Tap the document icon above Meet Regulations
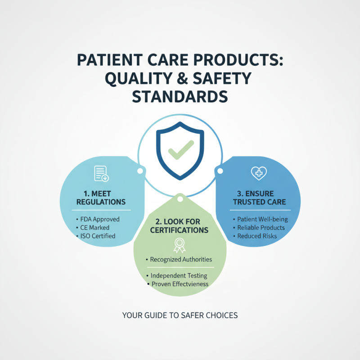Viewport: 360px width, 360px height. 101,173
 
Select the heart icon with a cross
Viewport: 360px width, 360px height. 259,173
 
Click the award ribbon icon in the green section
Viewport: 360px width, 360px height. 179,245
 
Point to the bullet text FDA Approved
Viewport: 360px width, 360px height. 99,219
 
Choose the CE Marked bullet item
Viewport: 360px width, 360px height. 97,227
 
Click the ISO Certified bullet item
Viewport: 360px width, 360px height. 98,236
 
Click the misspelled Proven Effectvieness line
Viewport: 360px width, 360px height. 180,284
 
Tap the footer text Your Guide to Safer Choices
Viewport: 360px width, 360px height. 180,315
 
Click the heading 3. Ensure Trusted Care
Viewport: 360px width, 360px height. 259,198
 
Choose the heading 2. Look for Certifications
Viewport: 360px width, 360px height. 180,226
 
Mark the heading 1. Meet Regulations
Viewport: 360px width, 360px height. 101,198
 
